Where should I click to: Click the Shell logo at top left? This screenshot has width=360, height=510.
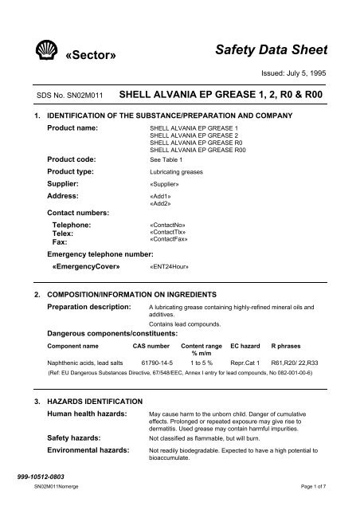(x=37, y=53)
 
